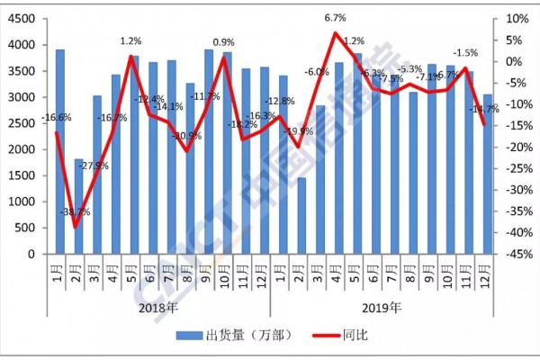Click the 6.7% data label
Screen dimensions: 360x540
[336, 17]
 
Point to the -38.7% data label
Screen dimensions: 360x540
[76, 212]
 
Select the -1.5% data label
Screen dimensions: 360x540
[464, 52]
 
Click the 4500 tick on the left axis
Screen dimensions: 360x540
[23, 18]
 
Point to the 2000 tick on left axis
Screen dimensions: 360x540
[23, 149]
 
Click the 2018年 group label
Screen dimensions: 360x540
[159, 307]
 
